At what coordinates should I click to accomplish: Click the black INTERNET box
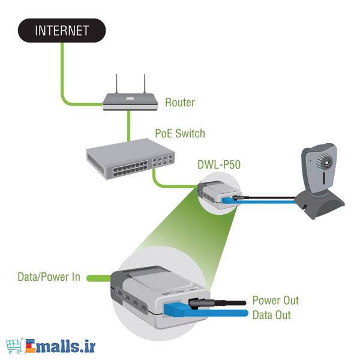pos(62,31)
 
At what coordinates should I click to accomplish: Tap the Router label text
pos(180,103)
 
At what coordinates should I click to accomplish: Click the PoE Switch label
pos(181,133)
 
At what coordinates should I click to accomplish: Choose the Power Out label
pos(275,301)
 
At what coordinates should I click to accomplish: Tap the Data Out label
pos(271,314)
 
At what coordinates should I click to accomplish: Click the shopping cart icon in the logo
pos(14,346)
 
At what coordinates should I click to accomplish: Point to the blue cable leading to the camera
pos(270,202)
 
